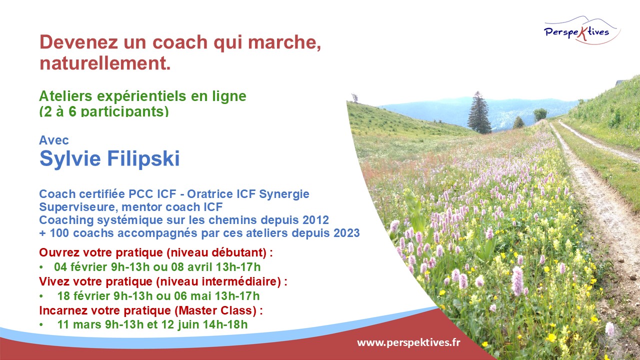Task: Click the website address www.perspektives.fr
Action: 408,342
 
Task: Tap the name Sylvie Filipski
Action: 109,159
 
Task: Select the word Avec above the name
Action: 54,140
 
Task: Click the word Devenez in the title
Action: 78,42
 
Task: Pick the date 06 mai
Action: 193,296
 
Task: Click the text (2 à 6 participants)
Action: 104,111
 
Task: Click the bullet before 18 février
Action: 41,296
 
